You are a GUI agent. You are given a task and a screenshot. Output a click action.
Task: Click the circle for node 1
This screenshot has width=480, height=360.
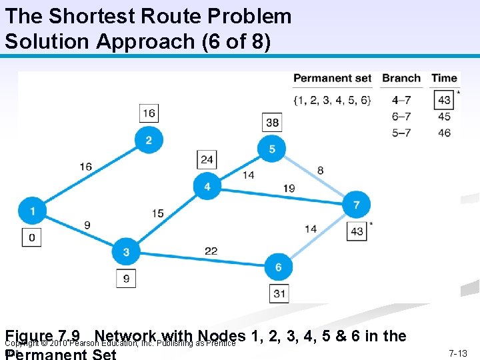[33, 211]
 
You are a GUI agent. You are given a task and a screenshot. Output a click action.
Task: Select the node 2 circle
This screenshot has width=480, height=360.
[148, 139]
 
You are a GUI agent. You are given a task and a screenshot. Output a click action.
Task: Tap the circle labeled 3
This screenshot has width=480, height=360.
[126, 252]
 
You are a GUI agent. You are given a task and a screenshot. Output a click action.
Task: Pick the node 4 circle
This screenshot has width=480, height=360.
[207, 186]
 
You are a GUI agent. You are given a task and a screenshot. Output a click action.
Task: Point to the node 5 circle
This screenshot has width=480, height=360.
[272, 149]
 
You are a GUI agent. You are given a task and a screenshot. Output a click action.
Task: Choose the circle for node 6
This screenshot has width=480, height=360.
[278, 267]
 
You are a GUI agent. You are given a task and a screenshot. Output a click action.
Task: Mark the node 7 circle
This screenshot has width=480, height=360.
[356, 205]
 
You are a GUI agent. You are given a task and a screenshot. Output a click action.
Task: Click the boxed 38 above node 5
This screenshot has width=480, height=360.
[272, 123]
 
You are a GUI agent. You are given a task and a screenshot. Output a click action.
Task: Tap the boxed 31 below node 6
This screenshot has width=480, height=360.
[279, 293]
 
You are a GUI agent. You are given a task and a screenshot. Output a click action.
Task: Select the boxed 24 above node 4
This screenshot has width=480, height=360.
[207, 159]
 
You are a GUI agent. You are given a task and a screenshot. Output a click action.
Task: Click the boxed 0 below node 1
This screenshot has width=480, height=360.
[31, 237]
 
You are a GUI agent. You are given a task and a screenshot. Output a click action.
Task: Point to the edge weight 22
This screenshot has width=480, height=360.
[211, 250]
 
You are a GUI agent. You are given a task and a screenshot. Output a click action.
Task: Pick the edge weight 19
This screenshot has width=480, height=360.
[289, 189]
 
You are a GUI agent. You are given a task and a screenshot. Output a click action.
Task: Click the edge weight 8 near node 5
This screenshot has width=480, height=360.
[321, 171]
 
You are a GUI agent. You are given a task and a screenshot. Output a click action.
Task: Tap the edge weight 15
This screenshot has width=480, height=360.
[157, 213]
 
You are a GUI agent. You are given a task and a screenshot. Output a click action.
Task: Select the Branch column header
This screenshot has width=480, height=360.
[401, 78]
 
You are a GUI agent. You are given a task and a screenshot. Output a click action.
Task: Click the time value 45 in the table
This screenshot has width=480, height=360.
[445, 117]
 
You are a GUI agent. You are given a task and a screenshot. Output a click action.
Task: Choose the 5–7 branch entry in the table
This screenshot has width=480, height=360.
[401, 133]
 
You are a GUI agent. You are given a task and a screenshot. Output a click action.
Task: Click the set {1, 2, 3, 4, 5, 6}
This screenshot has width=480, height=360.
[332, 101]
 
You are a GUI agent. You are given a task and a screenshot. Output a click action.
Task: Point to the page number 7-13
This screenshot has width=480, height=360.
[457, 353]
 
